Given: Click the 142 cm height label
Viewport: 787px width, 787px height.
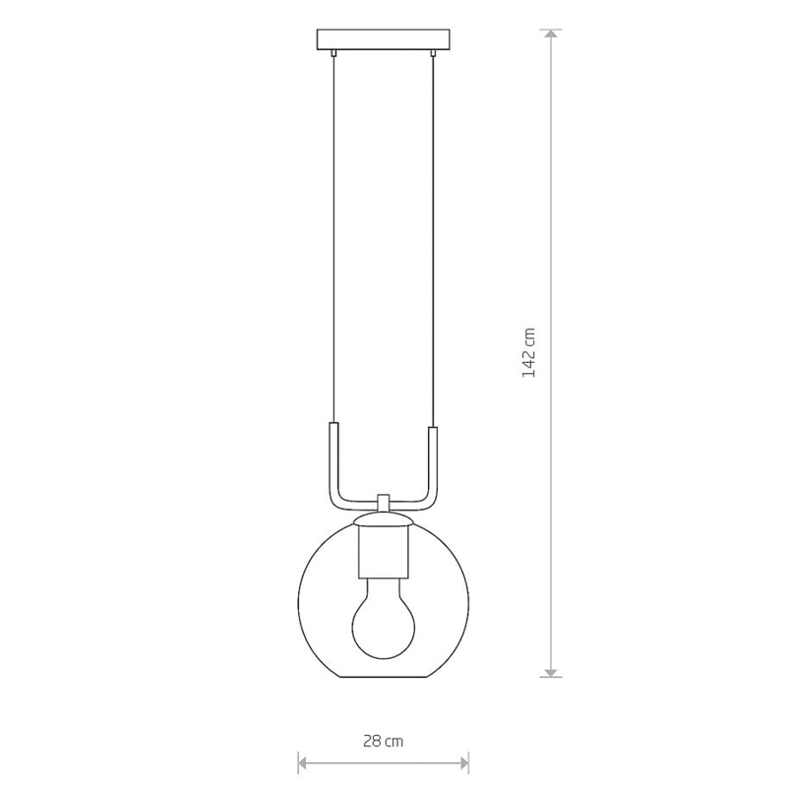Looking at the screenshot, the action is (x=529, y=352).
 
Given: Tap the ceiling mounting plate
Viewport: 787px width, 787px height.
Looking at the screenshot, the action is (x=383, y=40).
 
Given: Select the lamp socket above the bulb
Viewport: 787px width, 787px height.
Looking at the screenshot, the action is (x=383, y=551).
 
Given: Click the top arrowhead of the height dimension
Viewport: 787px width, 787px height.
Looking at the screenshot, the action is (x=551, y=34).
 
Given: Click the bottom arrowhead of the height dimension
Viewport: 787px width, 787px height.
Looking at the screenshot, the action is (x=551, y=672).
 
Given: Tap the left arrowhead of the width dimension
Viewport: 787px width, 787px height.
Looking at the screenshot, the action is (x=303, y=763).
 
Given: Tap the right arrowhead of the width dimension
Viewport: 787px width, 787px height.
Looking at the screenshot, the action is (x=463, y=763).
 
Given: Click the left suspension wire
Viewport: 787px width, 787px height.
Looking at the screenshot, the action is (x=333, y=240).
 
